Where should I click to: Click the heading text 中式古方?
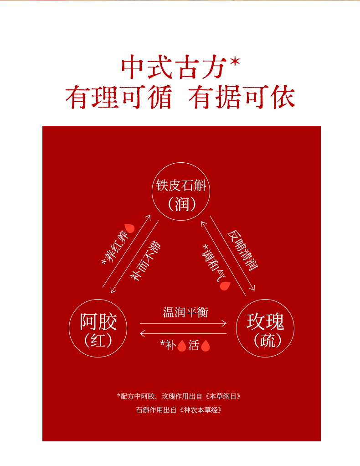coord(174,68)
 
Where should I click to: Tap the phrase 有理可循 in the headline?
coord(118,98)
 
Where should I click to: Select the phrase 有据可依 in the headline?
coord(242,98)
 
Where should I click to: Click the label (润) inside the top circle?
coord(181,203)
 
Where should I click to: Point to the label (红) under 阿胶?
coord(98,340)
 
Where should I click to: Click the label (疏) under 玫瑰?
coord(265,340)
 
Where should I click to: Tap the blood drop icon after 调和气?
coord(225,286)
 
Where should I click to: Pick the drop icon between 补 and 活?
coord(181,346)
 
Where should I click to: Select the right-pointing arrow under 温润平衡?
coord(183,323)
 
